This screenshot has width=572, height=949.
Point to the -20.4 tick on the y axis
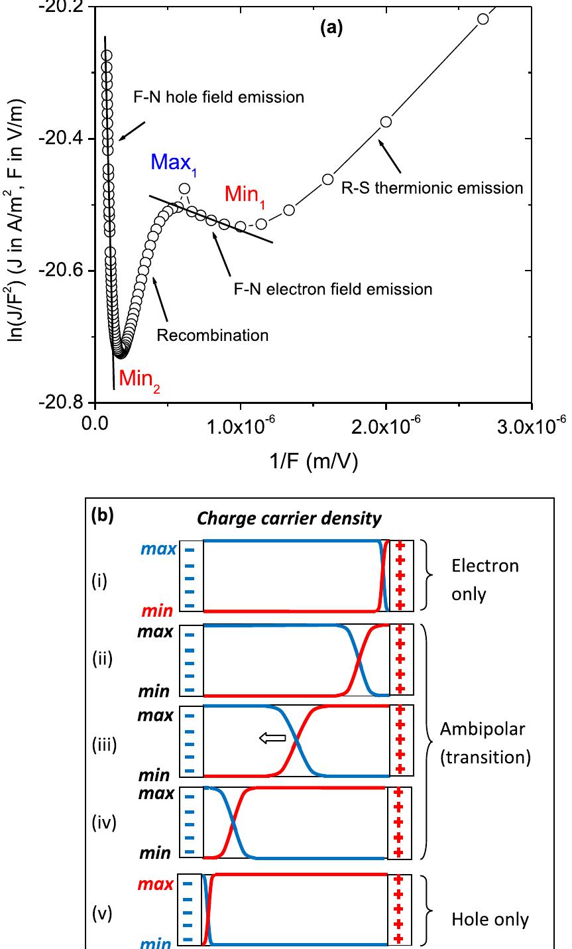tap(66, 139)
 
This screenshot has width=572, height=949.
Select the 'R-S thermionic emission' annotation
tap(432, 188)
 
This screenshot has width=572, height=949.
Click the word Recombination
tap(213, 335)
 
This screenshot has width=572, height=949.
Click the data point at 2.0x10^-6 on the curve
tap(386, 121)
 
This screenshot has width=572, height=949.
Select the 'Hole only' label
tap(490, 919)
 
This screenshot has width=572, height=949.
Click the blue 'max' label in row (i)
tap(162, 549)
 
